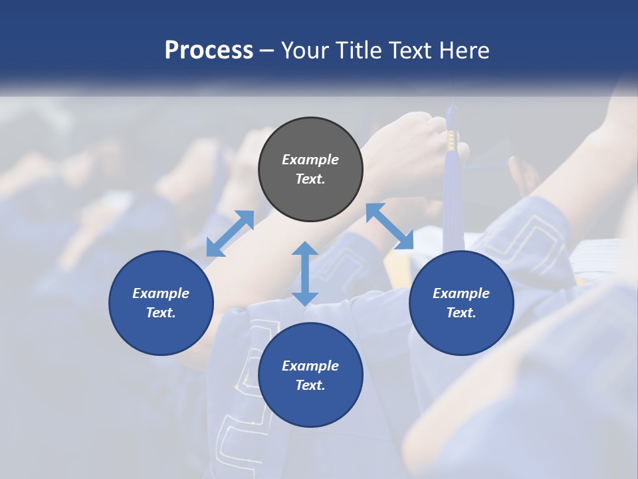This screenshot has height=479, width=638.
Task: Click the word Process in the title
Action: click(x=209, y=51)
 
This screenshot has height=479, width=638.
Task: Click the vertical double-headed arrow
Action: click(x=305, y=273)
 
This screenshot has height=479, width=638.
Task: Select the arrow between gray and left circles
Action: click(x=230, y=234)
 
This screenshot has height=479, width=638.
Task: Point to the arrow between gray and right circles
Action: click(x=389, y=226)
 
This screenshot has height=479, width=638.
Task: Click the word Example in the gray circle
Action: click(x=310, y=160)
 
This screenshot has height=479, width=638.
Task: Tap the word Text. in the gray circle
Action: click(x=310, y=179)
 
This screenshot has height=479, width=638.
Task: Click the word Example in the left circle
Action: click(x=161, y=293)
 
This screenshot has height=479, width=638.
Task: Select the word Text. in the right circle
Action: click(x=461, y=313)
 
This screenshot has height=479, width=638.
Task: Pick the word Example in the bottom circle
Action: click(x=310, y=366)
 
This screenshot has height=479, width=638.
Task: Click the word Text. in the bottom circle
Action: click(x=310, y=385)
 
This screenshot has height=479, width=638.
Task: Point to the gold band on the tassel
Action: click(x=452, y=140)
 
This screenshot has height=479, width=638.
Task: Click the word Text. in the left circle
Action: click(x=161, y=313)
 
